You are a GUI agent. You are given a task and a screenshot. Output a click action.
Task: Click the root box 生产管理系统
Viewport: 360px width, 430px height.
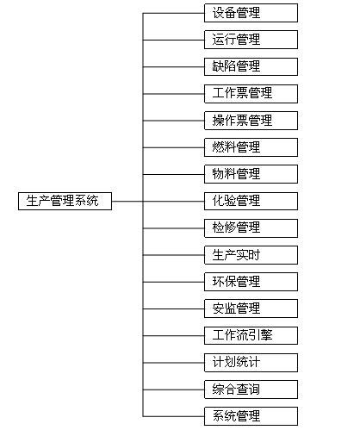[x=65, y=201]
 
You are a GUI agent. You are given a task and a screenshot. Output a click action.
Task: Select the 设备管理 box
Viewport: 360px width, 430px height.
[x=251, y=13]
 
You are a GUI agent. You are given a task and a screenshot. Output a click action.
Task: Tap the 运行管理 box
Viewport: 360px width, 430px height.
[x=251, y=40]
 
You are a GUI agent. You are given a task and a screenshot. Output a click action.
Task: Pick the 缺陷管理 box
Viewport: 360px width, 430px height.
[x=251, y=66]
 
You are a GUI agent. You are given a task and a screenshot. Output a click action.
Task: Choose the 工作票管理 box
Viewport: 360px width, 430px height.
[x=251, y=94]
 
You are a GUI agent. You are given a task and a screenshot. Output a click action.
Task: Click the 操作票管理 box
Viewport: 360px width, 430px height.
[x=251, y=121]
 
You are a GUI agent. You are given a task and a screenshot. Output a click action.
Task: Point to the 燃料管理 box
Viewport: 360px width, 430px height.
[x=251, y=147]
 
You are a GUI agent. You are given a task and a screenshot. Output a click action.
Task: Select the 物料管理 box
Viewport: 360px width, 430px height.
[x=251, y=174]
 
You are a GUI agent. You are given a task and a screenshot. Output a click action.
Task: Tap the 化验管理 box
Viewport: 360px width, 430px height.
[x=251, y=201]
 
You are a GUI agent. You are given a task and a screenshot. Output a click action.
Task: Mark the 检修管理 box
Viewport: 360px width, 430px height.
[x=251, y=228]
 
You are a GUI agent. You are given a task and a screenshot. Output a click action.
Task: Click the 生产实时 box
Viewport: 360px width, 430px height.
[x=251, y=255]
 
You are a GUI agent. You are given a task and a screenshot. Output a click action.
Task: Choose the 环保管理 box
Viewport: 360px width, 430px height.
[x=251, y=282]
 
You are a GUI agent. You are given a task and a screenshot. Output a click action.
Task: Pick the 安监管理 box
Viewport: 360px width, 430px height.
[x=251, y=308]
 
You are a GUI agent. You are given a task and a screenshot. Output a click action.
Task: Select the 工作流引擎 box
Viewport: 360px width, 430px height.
[x=251, y=335]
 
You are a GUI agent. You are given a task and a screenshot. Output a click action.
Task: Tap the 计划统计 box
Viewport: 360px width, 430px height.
[x=251, y=363]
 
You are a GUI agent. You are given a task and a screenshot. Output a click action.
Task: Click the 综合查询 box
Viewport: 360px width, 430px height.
[x=251, y=389]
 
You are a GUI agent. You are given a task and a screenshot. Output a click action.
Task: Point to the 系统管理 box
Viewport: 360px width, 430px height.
[x=251, y=416]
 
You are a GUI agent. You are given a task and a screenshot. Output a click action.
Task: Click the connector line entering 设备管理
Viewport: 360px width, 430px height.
[x=174, y=13]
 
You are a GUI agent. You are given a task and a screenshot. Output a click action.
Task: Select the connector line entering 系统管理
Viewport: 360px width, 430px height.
[x=174, y=416]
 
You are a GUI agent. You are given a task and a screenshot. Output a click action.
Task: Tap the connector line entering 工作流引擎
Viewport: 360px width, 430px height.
[x=174, y=336]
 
